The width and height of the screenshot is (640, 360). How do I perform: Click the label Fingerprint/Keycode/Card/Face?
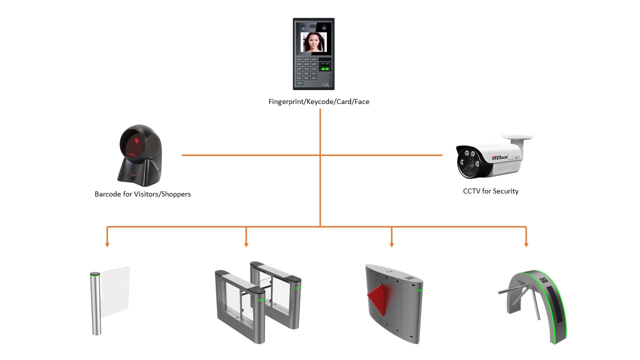319,101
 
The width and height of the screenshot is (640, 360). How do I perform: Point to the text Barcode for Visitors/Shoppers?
142,194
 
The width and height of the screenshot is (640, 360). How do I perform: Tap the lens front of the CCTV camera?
469,159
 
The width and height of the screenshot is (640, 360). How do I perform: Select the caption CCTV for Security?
490,191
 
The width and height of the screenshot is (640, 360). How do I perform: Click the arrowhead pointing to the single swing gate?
107,244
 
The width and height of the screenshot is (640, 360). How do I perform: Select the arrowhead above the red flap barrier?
391,244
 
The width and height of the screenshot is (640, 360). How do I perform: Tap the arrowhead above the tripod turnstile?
526,244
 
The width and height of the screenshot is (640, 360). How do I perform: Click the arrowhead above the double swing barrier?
246,244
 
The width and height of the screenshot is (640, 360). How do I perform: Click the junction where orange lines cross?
320,155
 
